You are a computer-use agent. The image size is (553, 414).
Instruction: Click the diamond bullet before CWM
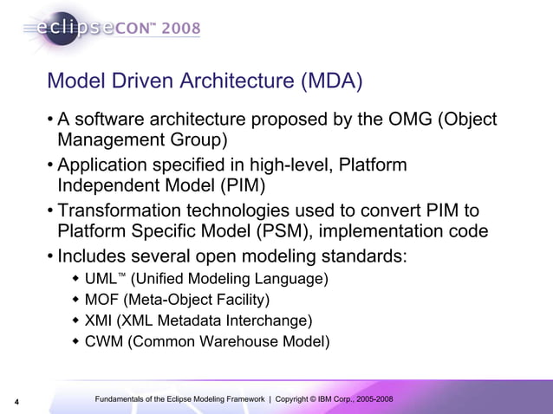[75, 342]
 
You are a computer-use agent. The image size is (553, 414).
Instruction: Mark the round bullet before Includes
[51, 258]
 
